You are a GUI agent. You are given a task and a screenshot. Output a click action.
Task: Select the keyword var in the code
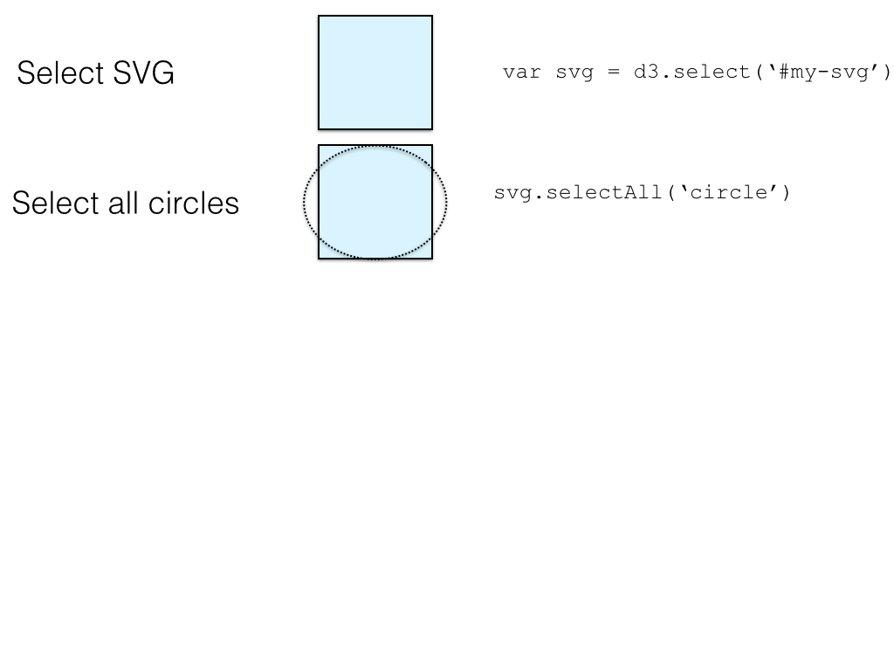click(x=521, y=72)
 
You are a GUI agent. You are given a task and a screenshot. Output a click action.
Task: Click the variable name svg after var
click(x=574, y=72)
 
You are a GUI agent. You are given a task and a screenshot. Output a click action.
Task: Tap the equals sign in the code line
click(x=614, y=72)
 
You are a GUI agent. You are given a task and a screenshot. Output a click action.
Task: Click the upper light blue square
click(x=375, y=73)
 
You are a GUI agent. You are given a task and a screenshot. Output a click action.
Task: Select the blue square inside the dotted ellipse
click(x=375, y=202)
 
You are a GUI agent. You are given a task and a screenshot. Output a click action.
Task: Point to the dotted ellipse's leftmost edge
click(x=304, y=203)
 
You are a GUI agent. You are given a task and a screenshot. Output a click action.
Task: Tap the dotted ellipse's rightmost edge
click(x=447, y=203)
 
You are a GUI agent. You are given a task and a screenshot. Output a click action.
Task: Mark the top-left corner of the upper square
click(x=319, y=16)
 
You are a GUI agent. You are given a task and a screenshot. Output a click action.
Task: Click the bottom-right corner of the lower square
click(x=432, y=259)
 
